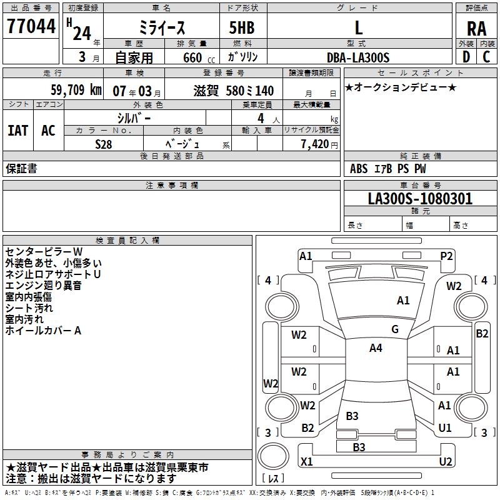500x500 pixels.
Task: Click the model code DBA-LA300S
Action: (x=358, y=57)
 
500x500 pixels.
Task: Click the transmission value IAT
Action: (x=18, y=130)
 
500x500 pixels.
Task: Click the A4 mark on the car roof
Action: (x=376, y=348)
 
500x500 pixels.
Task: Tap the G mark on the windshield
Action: (x=395, y=329)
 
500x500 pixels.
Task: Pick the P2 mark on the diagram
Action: (x=446, y=256)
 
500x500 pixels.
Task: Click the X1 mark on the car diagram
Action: (x=306, y=462)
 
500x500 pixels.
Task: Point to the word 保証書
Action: (x=21, y=169)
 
